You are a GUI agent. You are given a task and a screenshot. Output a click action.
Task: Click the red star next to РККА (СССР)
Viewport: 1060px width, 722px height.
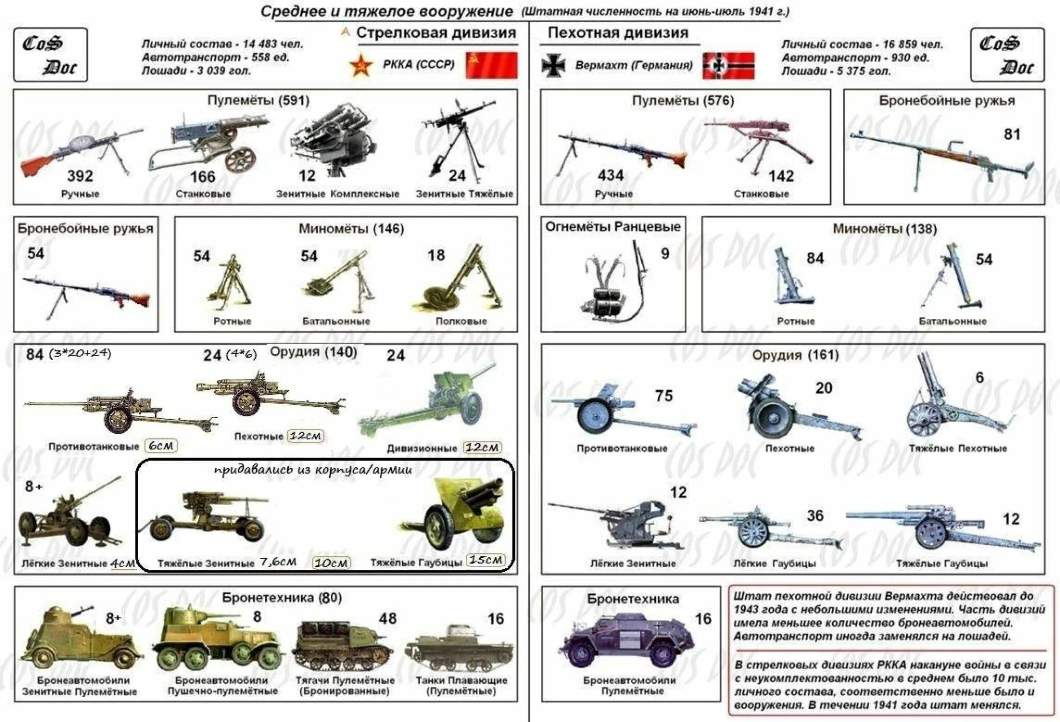point(361,66)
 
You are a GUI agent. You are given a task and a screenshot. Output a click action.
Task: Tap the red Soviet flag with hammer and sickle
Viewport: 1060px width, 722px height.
point(491,65)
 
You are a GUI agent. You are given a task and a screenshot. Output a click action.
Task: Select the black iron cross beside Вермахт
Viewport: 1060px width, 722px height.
point(553,66)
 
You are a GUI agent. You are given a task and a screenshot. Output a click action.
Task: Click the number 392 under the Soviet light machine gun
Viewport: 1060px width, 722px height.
point(80,176)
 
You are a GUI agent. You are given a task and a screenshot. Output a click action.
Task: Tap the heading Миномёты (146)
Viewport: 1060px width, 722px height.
point(351,229)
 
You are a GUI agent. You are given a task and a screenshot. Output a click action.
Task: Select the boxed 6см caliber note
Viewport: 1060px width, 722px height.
point(161,446)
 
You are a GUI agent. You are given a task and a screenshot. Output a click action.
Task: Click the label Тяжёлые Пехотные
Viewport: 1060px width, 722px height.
point(958,448)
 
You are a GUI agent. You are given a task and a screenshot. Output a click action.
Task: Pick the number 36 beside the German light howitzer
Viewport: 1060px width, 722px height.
point(815,515)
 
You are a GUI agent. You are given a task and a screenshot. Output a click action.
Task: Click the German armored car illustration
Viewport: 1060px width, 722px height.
point(626,642)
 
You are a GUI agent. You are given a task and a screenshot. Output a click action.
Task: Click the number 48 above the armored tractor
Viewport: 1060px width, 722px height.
point(388,618)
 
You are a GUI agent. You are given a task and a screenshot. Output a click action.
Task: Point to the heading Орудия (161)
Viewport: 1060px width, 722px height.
point(795,355)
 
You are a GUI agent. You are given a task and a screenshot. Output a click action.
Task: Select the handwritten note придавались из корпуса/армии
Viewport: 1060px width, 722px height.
point(313,470)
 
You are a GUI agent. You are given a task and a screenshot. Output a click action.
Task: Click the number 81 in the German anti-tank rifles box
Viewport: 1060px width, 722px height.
point(1011,135)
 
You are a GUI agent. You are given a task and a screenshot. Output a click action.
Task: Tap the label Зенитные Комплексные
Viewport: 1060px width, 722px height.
point(337,194)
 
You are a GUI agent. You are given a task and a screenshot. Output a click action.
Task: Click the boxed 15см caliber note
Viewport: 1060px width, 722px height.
point(485,560)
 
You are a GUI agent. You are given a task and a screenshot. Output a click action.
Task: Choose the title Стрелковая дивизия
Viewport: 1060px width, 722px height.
point(436,33)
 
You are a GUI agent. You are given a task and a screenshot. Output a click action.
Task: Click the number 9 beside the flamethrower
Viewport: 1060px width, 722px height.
point(665,254)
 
